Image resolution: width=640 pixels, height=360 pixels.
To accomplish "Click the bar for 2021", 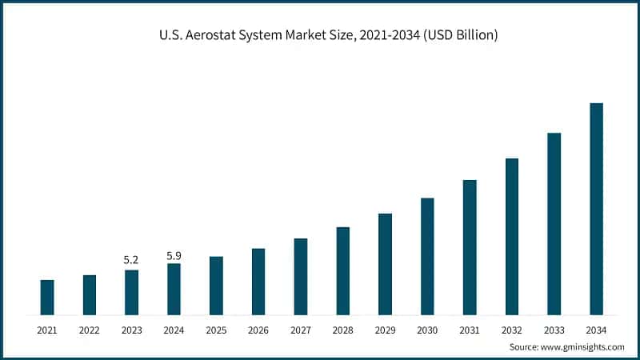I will click(x=47, y=297).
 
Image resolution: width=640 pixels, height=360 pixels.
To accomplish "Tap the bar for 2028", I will click(x=342, y=270).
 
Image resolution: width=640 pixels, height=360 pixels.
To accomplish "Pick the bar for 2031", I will click(x=470, y=247).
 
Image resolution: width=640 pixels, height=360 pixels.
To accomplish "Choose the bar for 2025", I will click(x=216, y=285).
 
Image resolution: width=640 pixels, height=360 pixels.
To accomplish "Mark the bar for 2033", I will click(x=554, y=223).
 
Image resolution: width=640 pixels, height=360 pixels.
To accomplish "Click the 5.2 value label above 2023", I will click(x=131, y=260).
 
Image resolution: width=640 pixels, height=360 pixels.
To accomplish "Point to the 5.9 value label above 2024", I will click(x=174, y=255).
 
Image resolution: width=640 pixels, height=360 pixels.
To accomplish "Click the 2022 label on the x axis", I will click(x=90, y=330).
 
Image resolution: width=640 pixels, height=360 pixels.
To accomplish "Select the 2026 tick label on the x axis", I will click(x=258, y=330).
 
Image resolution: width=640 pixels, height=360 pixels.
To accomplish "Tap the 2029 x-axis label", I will click(x=385, y=330).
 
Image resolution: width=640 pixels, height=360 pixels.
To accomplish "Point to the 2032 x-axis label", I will click(x=512, y=330).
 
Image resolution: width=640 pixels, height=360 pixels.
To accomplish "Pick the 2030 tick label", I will click(x=427, y=330).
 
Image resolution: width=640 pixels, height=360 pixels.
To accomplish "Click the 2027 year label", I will click(x=301, y=330).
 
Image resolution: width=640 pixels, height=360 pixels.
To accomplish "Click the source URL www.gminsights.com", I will click(x=585, y=347).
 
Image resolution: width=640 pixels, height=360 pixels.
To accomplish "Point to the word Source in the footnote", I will click(x=525, y=347).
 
